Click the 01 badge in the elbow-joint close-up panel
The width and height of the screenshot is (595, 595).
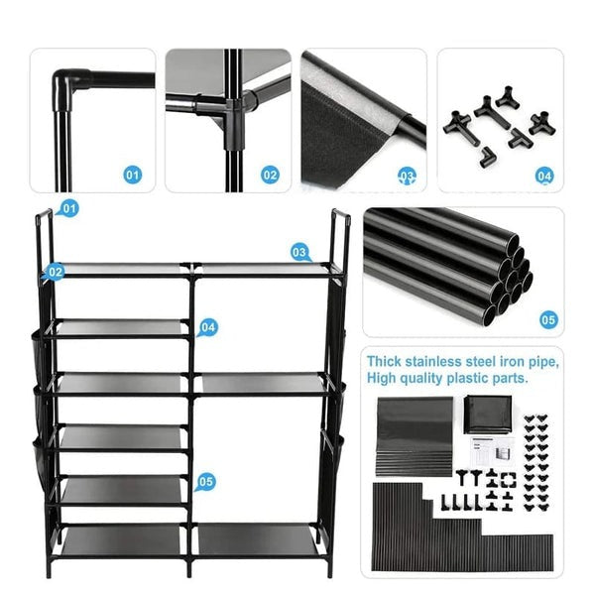pyautogui.click(x=132, y=175)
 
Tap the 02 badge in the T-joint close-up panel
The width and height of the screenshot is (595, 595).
pyautogui.click(x=270, y=175)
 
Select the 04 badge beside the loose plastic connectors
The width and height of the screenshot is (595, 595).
pyautogui.click(x=544, y=177)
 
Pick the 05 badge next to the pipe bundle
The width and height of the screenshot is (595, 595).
pyautogui.click(x=548, y=320)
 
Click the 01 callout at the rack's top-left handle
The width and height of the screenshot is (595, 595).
pyautogui.click(x=68, y=208)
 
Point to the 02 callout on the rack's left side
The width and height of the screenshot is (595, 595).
pyautogui.click(x=55, y=272)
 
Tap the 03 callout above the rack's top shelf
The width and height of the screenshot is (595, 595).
pyautogui.click(x=299, y=253)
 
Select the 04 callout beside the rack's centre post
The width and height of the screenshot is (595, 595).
pyautogui.click(x=208, y=327)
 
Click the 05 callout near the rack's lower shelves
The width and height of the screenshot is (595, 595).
pyautogui.click(x=205, y=482)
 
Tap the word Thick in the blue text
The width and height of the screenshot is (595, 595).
pyautogui.click(x=384, y=361)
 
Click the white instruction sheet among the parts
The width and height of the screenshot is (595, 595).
pyautogui.click(x=493, y=451)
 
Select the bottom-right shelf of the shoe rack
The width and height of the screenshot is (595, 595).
pyautogui.click(x=257, y=538)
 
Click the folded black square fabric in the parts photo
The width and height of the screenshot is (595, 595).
pyautogui.click(x=488, y=415)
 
